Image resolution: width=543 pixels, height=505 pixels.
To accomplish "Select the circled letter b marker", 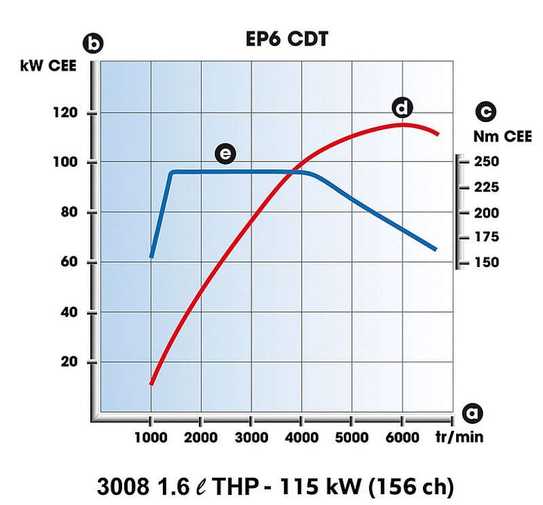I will click(92, 44).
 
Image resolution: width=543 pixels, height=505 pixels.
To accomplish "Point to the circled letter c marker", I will click(486, 112).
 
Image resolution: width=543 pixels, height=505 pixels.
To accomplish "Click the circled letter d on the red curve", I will click(402, 107).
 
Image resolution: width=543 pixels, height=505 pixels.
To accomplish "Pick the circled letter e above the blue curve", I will click(225, 154).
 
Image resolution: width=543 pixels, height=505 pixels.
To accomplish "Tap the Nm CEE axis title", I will click(499, 136).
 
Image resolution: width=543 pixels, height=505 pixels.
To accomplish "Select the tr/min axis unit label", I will click(460, 437).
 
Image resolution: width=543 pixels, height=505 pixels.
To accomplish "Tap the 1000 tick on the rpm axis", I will click(151, 437).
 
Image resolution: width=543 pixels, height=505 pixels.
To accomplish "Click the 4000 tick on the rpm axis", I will click(301, 437).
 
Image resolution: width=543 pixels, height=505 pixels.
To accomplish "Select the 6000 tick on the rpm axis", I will click(402, 437).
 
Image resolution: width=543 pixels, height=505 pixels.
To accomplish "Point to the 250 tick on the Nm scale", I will click(487, 162).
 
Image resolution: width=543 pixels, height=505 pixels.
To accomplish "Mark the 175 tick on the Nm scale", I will click(487, 237).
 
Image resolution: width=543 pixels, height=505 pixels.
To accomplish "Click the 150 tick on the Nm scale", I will click(487, 262).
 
